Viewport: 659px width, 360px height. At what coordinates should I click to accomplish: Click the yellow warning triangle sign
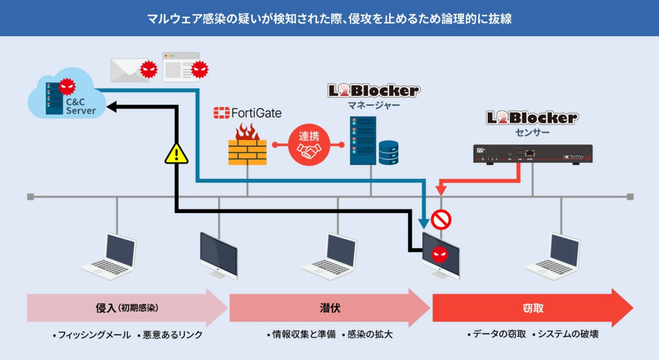coord(176,154)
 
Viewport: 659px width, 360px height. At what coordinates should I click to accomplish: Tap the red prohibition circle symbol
coord(440,220)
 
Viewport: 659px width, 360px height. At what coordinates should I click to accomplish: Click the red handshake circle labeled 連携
coord(309,145)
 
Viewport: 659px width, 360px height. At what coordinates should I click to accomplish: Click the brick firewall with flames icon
coord(247,145)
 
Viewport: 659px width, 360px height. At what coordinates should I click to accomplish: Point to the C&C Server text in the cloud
coord(80,106)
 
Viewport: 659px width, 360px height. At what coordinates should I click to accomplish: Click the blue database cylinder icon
coord(388,153)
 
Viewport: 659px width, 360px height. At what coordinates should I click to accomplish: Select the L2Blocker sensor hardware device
coord(533,154)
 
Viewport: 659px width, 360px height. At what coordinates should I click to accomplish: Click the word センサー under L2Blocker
coord(532,132)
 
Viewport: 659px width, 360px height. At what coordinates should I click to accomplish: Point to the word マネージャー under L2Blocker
coord(373,105)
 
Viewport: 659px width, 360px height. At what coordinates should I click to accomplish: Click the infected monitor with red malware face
coord(440,254)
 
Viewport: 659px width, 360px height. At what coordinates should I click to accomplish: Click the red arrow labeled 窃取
coord(532,308)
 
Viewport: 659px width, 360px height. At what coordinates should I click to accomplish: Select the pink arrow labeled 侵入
coord(127,308)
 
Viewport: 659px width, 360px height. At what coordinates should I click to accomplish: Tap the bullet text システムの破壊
coord(565,334)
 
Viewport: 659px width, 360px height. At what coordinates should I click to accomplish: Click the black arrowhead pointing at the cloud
coord(112,108)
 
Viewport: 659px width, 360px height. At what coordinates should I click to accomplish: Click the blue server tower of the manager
coord(362,140)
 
